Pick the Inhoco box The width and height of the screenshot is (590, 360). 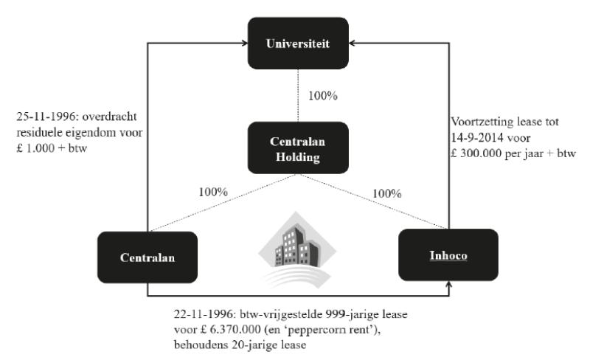coord(448,255)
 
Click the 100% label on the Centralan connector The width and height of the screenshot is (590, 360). coord(214,191)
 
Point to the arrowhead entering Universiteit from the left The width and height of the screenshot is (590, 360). coord(247,44)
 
